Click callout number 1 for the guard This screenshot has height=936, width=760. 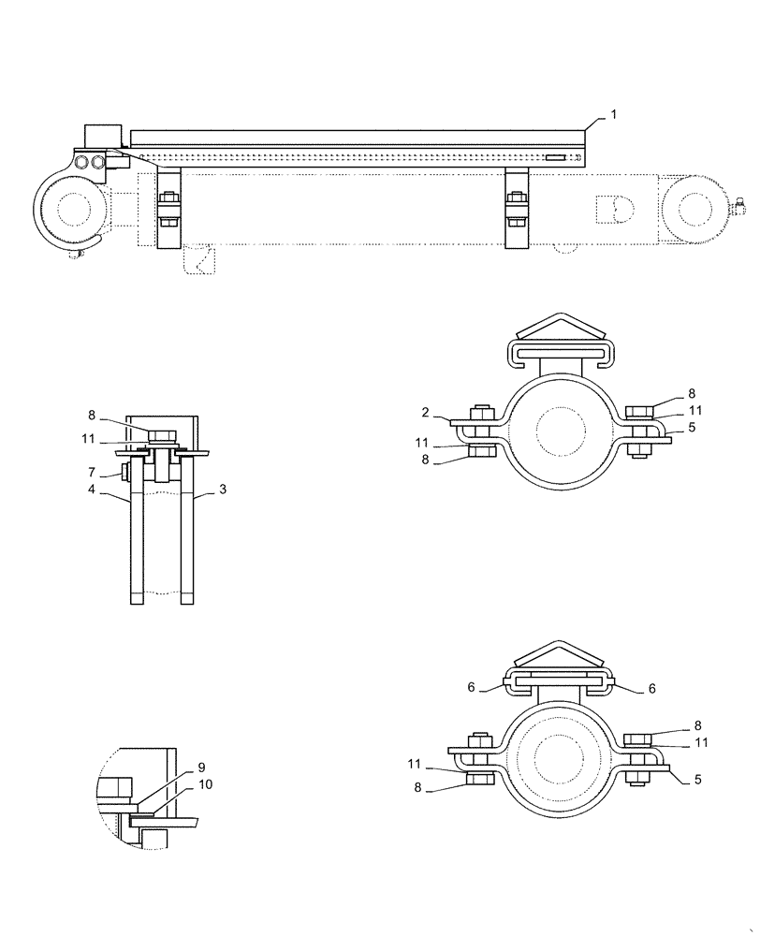(613, 114)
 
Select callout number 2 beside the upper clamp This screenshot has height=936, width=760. (425, 412)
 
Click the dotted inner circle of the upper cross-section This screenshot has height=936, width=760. (561, 431)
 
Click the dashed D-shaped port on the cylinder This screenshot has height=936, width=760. (616, 209)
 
